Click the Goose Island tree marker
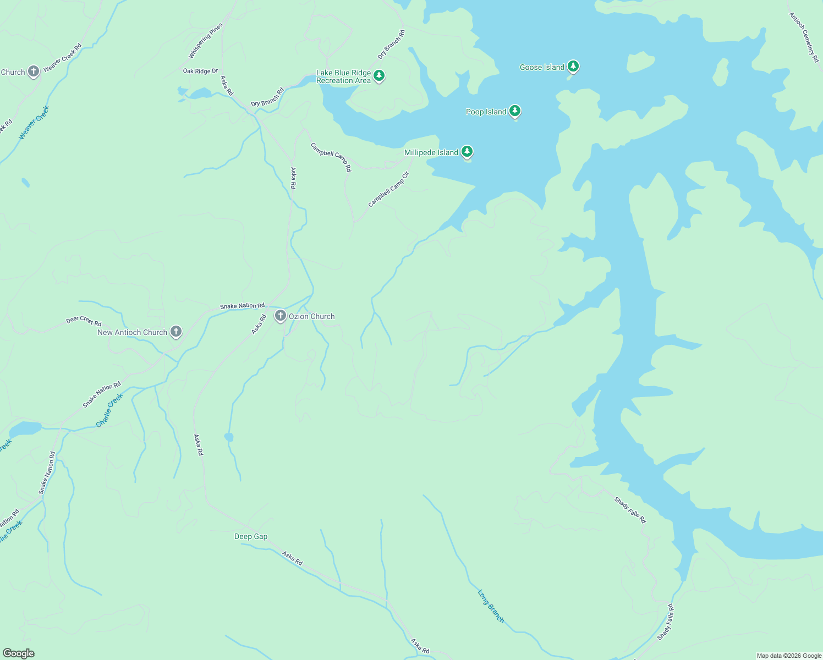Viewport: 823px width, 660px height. tap(573, 67)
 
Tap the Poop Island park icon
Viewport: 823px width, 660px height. tap(515, 111)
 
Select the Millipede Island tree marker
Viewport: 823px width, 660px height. tap(467, 151)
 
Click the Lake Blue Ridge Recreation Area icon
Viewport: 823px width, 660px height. tap(378, 75)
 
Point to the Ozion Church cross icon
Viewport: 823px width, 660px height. tap(281, 316)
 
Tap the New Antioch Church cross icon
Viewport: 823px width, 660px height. tap(176, 331)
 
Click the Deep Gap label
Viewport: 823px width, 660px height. tap(251, 536)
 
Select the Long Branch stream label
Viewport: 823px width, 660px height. tap(491, 606)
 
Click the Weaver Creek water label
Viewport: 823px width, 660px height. tap(34, 122)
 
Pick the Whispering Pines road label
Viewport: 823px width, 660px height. tap(206, 41)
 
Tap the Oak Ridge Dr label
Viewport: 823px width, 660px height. tap(200, 71)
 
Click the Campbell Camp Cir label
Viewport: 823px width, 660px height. tap(389, 190)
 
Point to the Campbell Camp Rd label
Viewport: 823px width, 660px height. tap(331, 157)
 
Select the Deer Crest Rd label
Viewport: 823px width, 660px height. tap(84, 321)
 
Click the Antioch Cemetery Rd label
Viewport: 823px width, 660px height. tap(804, 37)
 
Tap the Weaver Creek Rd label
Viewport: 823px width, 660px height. tap(62, 57)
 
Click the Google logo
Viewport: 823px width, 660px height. tap(18, 653)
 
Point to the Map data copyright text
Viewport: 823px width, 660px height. tap(789, 656)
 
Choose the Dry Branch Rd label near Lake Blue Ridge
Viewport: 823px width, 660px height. tap(391, 45)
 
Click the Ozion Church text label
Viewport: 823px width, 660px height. tap(311, 316)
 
